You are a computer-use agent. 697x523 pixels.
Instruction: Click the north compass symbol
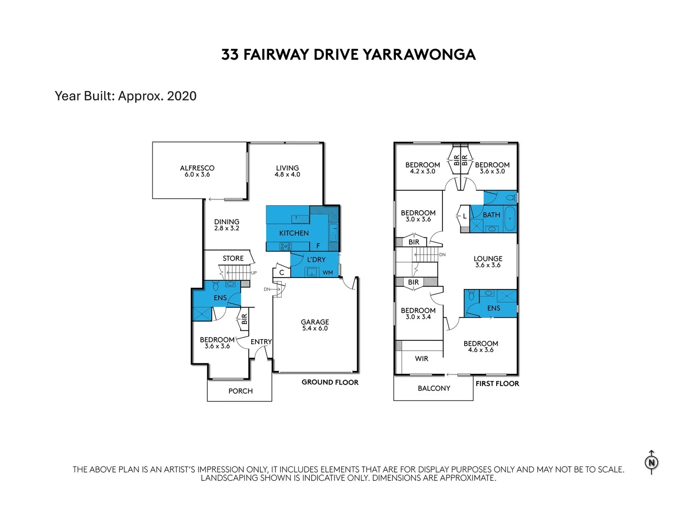[652, 462]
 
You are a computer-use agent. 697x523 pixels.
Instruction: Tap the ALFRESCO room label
[197, 169]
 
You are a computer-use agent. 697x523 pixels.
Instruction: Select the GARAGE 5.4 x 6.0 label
[315, 325]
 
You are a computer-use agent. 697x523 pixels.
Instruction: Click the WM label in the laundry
[328, 273]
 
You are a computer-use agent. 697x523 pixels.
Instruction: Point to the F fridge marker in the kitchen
[318, 246]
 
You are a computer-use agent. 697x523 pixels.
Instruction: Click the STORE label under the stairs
[233, 259]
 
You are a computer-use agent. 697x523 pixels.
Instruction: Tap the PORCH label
[241, 391]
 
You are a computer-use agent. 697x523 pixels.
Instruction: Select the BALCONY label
[434, 388]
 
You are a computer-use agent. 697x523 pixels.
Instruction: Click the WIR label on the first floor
[422, 359]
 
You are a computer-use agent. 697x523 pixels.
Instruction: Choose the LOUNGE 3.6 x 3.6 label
[488, 262]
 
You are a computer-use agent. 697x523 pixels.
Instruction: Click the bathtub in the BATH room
[510, 219]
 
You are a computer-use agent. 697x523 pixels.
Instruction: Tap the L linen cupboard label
[465, 216]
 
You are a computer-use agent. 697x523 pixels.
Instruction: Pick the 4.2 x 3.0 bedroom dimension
[423, 171]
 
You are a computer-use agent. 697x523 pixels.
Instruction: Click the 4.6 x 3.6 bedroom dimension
[481, 350]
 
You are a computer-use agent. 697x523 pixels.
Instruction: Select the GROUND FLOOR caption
[330, 383]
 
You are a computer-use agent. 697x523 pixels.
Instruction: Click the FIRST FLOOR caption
[497, 384]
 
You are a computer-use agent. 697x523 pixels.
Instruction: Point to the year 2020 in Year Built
[182, 96]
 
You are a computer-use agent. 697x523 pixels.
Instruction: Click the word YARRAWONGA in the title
[419, 55]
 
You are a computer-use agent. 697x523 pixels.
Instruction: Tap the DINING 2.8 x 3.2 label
[227, 225]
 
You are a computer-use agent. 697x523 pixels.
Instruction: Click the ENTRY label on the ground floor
[261, 342]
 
